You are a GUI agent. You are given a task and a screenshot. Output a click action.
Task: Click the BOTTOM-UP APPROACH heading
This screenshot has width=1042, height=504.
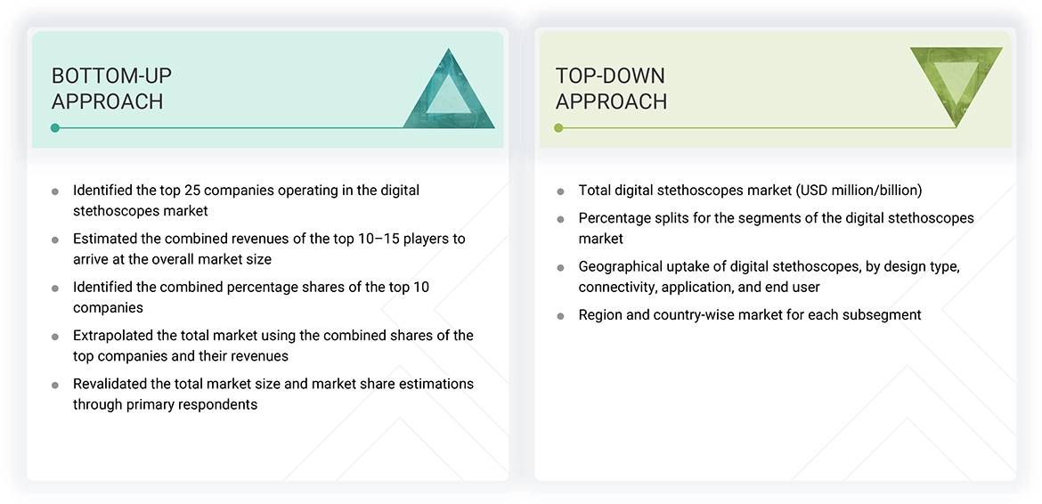coord(111,88)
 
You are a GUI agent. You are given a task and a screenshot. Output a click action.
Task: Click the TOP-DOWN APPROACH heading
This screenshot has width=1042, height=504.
coord(611,88)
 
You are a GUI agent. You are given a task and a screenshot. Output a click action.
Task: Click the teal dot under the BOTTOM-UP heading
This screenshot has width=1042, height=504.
coord(55,128)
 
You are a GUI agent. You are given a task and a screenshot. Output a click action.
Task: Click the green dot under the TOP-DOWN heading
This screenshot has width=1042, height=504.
coord(558,128)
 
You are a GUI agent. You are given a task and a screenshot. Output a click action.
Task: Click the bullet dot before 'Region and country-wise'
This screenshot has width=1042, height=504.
coord(560,316)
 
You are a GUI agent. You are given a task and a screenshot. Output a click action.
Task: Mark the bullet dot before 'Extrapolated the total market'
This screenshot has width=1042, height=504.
coord(55,337)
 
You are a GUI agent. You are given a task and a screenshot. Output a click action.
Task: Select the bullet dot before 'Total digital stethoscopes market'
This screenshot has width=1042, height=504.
coord(560,191)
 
